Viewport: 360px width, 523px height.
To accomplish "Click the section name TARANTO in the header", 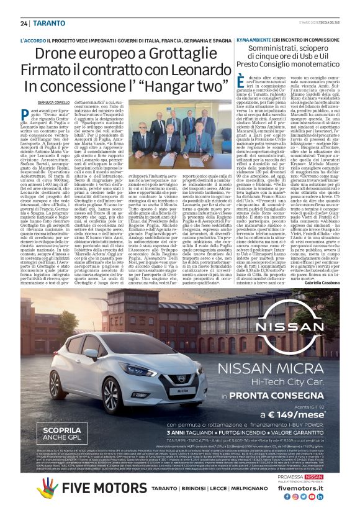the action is point(47,23).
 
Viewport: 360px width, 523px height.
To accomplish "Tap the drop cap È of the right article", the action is point(241,80).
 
